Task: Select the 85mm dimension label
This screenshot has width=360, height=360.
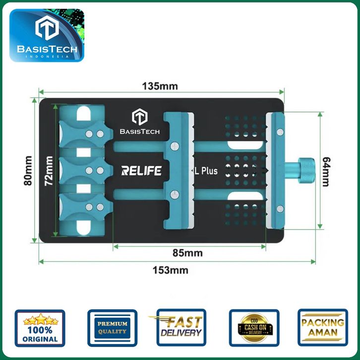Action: [x=187, y=253]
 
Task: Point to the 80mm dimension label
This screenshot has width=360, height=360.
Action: [x=28, y=171]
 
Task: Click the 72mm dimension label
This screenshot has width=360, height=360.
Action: [x=48, y=171]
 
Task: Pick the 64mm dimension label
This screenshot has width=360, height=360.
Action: [x=325, y=171]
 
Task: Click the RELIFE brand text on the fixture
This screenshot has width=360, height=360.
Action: [x=141, y=171]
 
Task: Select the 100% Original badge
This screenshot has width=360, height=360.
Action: [x=40, y=328]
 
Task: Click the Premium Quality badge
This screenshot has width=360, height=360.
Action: [x=112, y=328]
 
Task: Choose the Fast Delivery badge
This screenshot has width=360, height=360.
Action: [x=180, y=328]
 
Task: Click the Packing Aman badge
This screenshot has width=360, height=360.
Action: [x=322, y=328]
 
